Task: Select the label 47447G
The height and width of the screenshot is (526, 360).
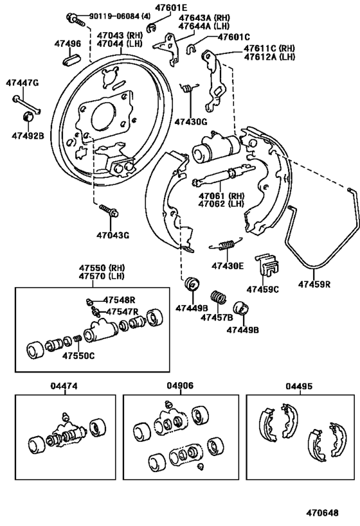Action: click(22, 83)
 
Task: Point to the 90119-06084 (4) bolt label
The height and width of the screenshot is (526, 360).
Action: click(114, 15)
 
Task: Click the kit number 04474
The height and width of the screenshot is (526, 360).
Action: click(64, 386)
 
